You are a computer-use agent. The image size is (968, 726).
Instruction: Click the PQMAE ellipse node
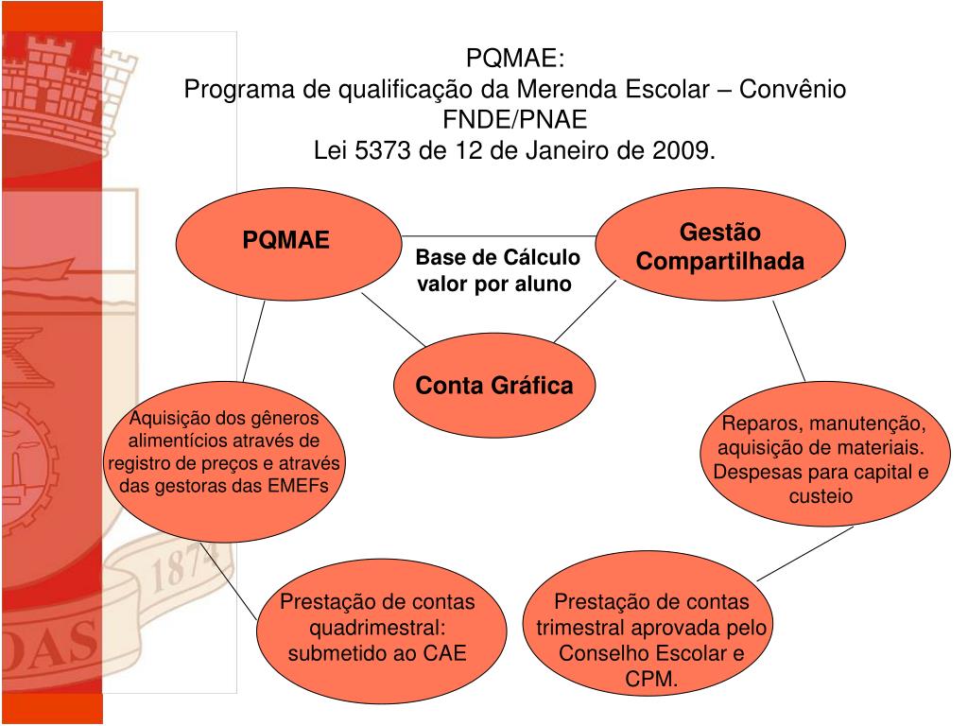point(286,240)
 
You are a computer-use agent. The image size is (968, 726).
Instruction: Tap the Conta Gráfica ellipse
point(494,386)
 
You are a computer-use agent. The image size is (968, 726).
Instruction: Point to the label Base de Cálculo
point(498,259)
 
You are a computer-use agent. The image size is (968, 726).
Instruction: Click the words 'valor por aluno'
point(495,284)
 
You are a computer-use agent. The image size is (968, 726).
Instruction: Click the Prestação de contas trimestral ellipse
point(651,628)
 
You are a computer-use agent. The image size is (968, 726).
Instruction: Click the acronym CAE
point(444,653)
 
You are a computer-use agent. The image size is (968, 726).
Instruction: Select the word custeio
point(821,495)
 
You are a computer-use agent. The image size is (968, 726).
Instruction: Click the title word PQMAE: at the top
point(515,60)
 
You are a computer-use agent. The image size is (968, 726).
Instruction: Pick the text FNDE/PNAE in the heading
point(515,120)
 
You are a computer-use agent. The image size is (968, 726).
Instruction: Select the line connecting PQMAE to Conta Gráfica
point(392,318)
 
